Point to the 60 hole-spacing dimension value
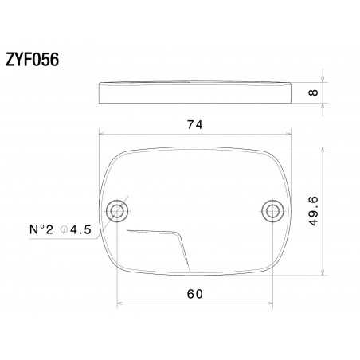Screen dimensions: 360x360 [194, 294]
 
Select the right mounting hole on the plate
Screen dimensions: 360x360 [271, 210]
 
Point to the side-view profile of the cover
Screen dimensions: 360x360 [194, 92]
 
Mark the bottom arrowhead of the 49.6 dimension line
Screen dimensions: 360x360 [323, 272]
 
